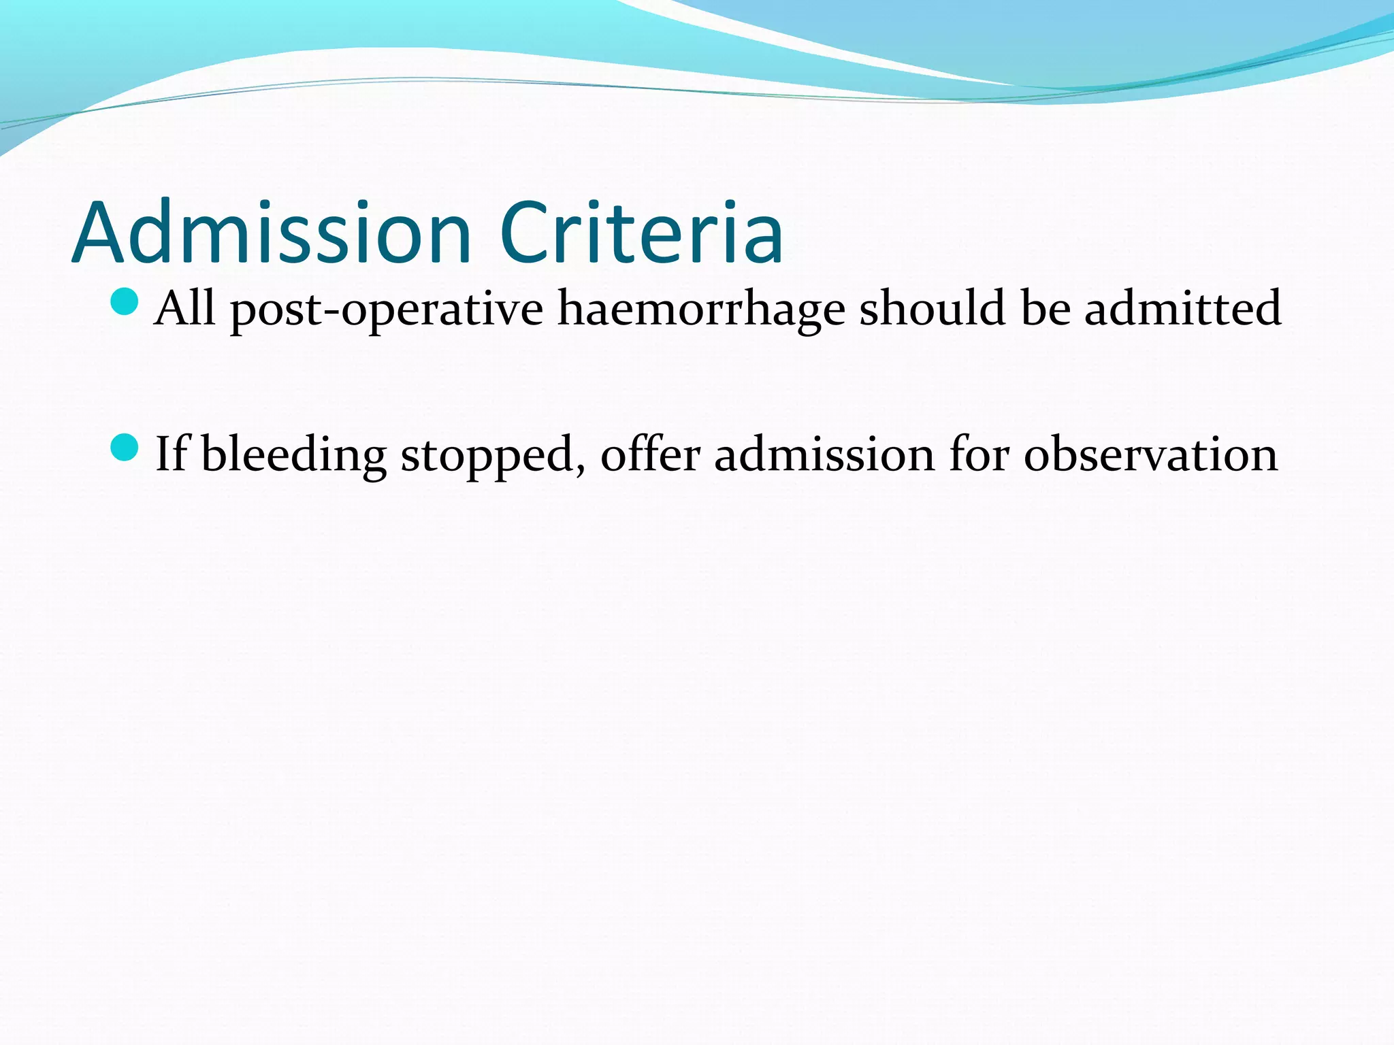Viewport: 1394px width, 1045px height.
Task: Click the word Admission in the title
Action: click(272, 233)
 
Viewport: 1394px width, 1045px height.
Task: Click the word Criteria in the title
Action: click(641, 233)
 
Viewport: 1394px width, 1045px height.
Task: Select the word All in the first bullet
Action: click(184, 308)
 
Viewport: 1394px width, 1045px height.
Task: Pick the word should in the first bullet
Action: click(932, 308)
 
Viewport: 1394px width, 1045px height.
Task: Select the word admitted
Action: click(1182, 308)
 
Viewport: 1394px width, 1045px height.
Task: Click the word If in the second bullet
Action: click(171, 454)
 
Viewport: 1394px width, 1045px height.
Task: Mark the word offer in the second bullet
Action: click(650, 454)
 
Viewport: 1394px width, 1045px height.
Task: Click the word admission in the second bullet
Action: click(824, 454)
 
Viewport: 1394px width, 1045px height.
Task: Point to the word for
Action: click(979, 454)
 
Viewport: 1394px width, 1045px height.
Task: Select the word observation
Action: click(1150, 454)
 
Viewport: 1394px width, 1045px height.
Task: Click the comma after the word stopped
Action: click(581, 469)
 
